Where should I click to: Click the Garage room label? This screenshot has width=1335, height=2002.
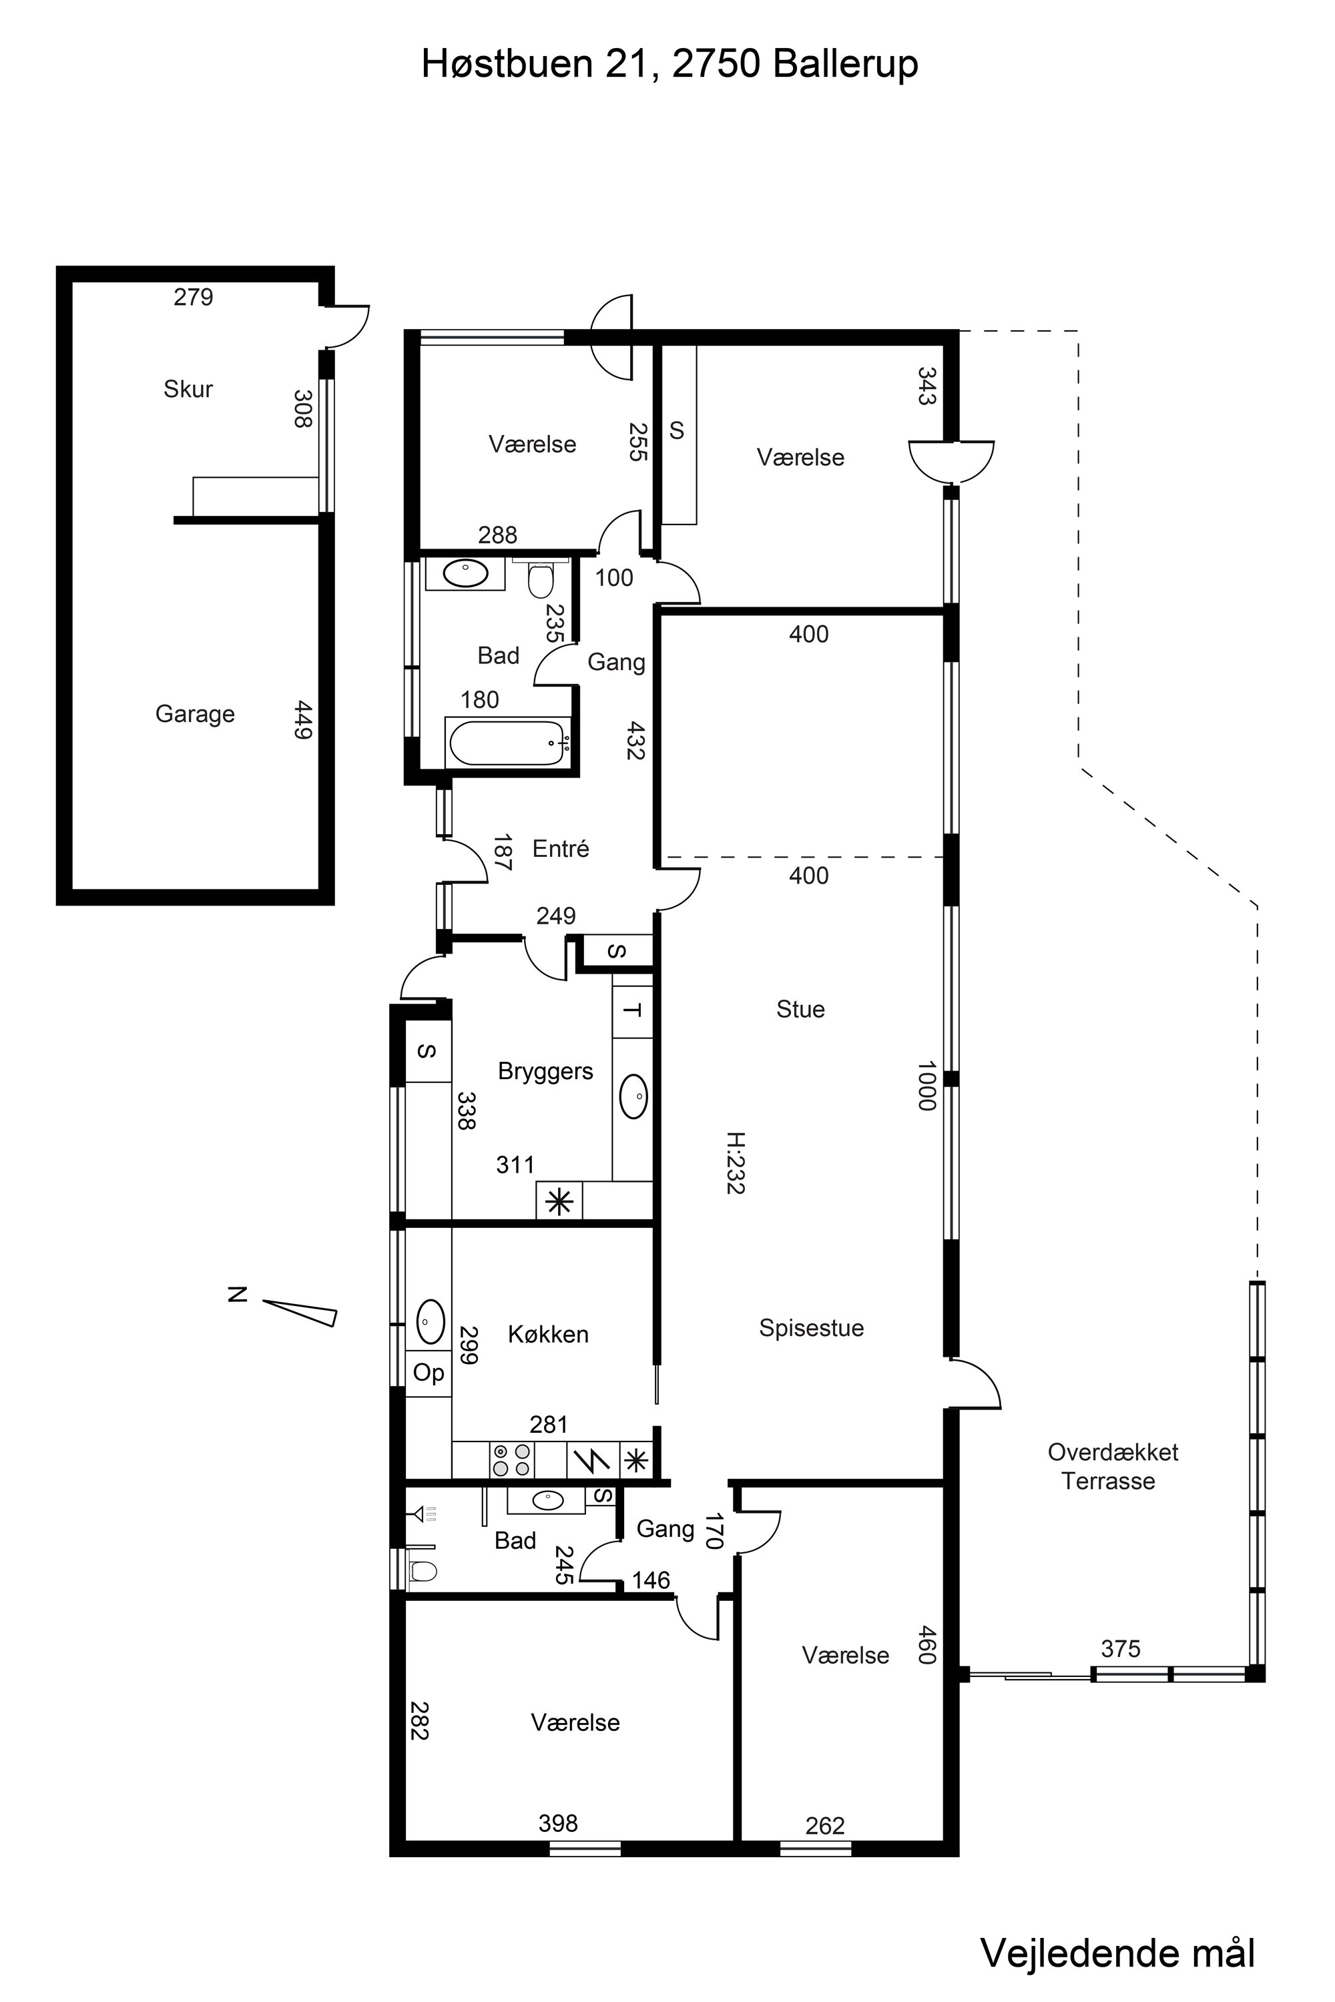point(195,714)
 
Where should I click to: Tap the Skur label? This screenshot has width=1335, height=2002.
point(188,389)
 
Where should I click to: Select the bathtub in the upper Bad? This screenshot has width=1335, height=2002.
point(507,742)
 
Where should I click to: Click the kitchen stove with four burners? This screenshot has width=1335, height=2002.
point(513,1460)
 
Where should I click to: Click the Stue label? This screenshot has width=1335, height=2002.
point(800,1010)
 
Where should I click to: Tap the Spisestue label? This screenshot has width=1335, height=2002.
point(812,1328)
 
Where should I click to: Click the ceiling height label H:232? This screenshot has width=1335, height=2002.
point(736,1162)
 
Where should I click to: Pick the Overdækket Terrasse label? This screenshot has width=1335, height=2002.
point(1112,1465)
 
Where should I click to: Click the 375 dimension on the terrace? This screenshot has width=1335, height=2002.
point(1121,1649)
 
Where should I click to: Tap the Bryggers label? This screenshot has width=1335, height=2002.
point(546,1072)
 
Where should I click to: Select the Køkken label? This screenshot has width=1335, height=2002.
point(548,1335)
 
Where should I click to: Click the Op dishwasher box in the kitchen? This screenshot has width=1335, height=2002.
point(429,1373)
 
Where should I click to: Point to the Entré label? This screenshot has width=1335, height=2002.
point(561,849)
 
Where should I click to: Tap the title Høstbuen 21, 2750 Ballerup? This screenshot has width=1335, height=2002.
point(670,64)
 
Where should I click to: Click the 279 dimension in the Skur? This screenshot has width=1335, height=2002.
point(194,297)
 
